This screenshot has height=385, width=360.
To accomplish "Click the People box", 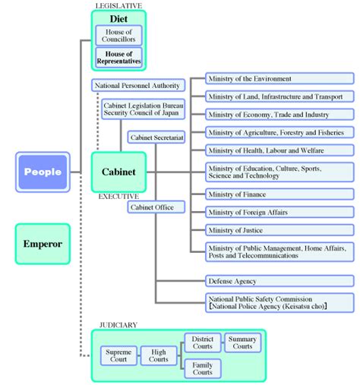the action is tap(43, 172).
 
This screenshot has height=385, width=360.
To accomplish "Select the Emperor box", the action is tap(43, 244).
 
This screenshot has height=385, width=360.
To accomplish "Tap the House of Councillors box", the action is tap(118, 36).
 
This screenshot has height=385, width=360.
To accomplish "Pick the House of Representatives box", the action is tap(118, 58).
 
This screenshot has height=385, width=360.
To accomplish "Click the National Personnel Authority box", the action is tap(138, 85).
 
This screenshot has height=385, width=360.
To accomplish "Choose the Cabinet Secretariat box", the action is tap(156, 137).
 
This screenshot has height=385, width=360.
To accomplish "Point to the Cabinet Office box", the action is tap(156, 207).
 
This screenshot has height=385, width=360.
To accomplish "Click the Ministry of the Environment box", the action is tap(279, 78).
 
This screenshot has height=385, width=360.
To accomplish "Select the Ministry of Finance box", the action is tap(279, 194).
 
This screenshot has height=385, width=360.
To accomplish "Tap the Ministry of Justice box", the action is tap(279, 230).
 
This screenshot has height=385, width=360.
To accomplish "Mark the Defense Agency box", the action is tap(279, 281).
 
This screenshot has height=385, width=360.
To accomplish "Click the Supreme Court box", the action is tap(118, 355).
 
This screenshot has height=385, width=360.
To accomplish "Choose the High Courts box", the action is tap(159, 355).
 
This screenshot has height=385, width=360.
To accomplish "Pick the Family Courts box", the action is tap(203, 368).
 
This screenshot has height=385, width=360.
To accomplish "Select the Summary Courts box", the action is tap(243, 342).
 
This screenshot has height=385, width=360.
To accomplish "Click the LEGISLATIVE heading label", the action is tap(118, 5).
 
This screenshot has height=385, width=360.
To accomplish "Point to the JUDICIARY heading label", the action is tap(118, 325).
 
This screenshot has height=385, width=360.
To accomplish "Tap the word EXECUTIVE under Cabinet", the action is tap(118, 197).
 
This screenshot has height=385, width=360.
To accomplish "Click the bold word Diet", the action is tap(118, 19).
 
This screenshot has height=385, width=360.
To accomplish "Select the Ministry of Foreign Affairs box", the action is tap(279, 212).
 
